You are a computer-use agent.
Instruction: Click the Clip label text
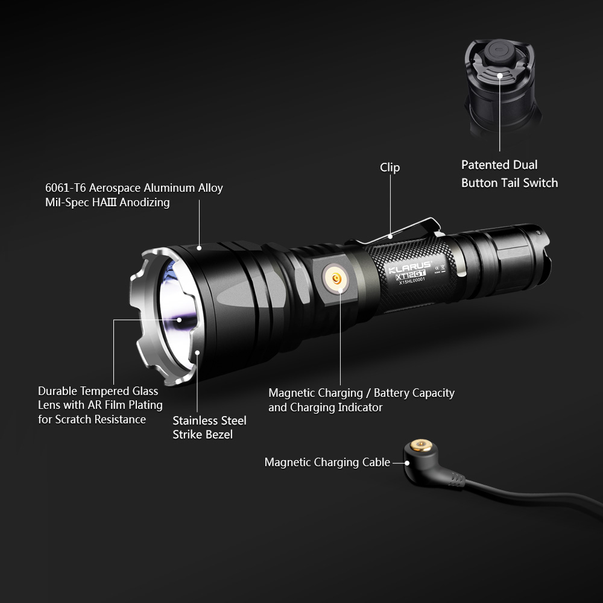(390, 168)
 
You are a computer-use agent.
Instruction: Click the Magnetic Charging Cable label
(327, 463)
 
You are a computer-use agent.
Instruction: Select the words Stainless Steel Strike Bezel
(209, 428)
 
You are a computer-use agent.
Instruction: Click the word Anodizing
(144, 203)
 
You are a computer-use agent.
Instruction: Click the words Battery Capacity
(414, 393)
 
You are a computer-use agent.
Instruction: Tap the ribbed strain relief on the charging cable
(457, 479)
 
